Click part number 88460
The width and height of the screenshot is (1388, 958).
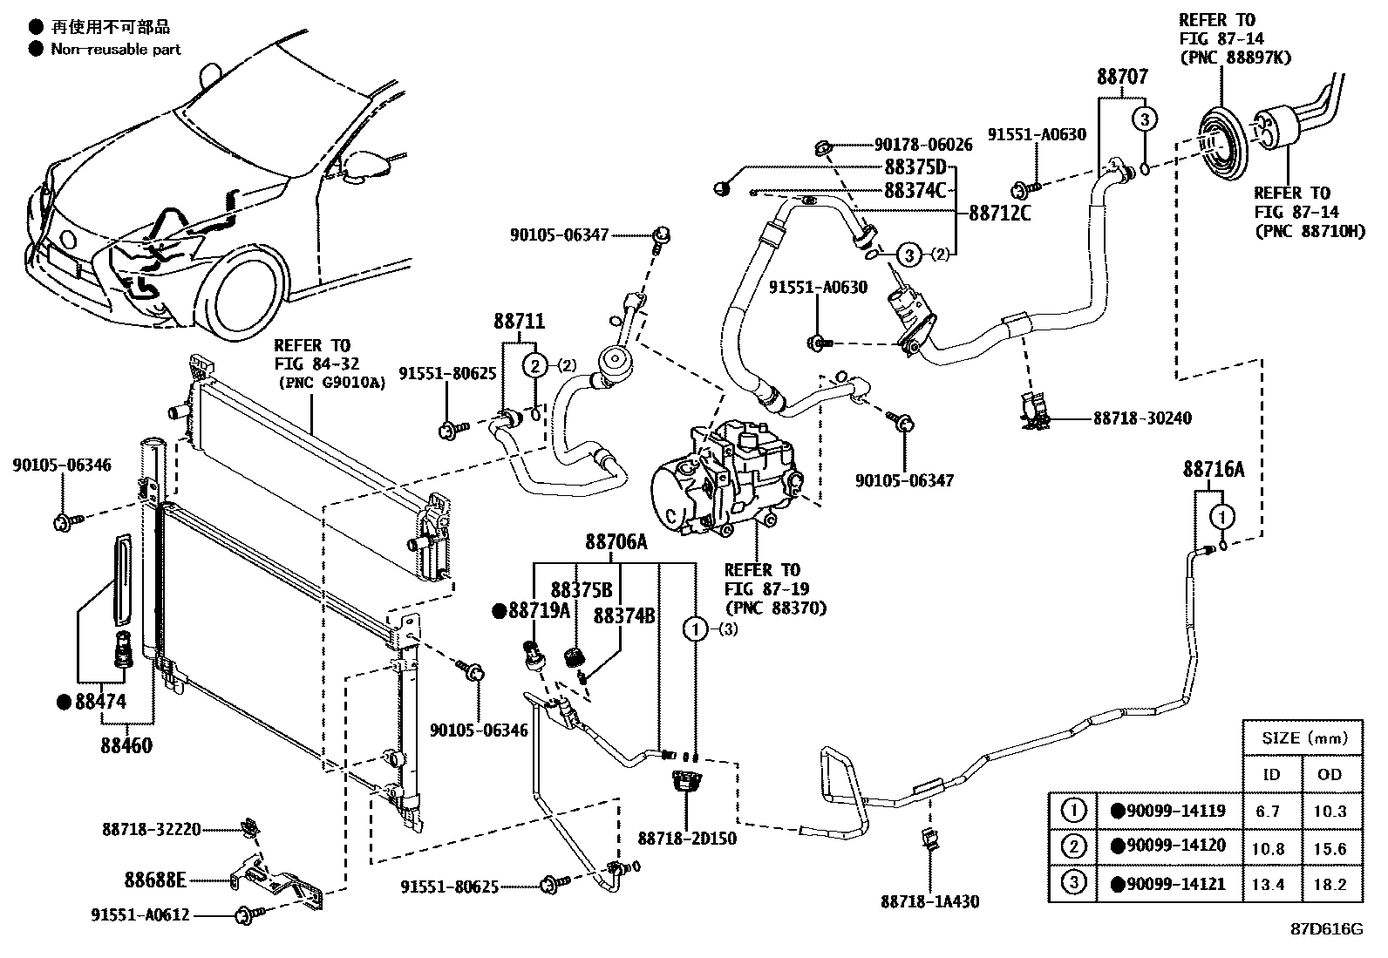point(126,745)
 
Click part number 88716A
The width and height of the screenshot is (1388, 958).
point(1213,471)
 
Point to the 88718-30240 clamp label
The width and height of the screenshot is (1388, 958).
point(1142,418)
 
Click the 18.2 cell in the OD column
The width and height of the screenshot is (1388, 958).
point(1330,884)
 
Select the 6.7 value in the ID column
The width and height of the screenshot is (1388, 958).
point(1268,811)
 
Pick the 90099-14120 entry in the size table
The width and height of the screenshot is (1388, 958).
point(1175,845)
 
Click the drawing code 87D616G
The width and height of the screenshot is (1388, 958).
point(1326,928)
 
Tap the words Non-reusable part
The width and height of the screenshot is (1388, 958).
point(115,50)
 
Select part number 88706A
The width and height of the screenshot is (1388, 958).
point(616,542)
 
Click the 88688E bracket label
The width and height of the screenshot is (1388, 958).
point(154,880)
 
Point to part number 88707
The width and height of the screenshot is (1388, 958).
point(1122,77)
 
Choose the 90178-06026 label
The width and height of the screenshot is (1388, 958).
point(922,145)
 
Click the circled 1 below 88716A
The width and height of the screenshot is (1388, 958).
point(1222,518)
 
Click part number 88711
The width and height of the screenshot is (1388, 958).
point(519,321)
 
